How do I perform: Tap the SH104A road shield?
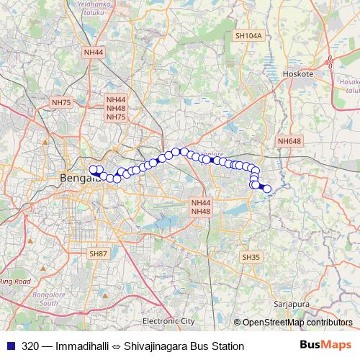(249, 35)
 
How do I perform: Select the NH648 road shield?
(289, 141)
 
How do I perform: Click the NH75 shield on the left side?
(62, 103)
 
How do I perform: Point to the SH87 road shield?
(98, 254)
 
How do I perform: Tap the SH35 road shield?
(251, 257)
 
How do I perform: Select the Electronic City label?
(168, 320)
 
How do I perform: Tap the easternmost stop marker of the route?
(266, 189)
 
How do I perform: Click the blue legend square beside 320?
(10, 346)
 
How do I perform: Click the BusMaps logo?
(326, 346)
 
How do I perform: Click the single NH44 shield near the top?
(94, 53)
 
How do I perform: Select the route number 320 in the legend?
(30, 346)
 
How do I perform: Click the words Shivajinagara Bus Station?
(184, 346)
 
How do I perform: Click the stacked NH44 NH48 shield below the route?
(201, 207)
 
